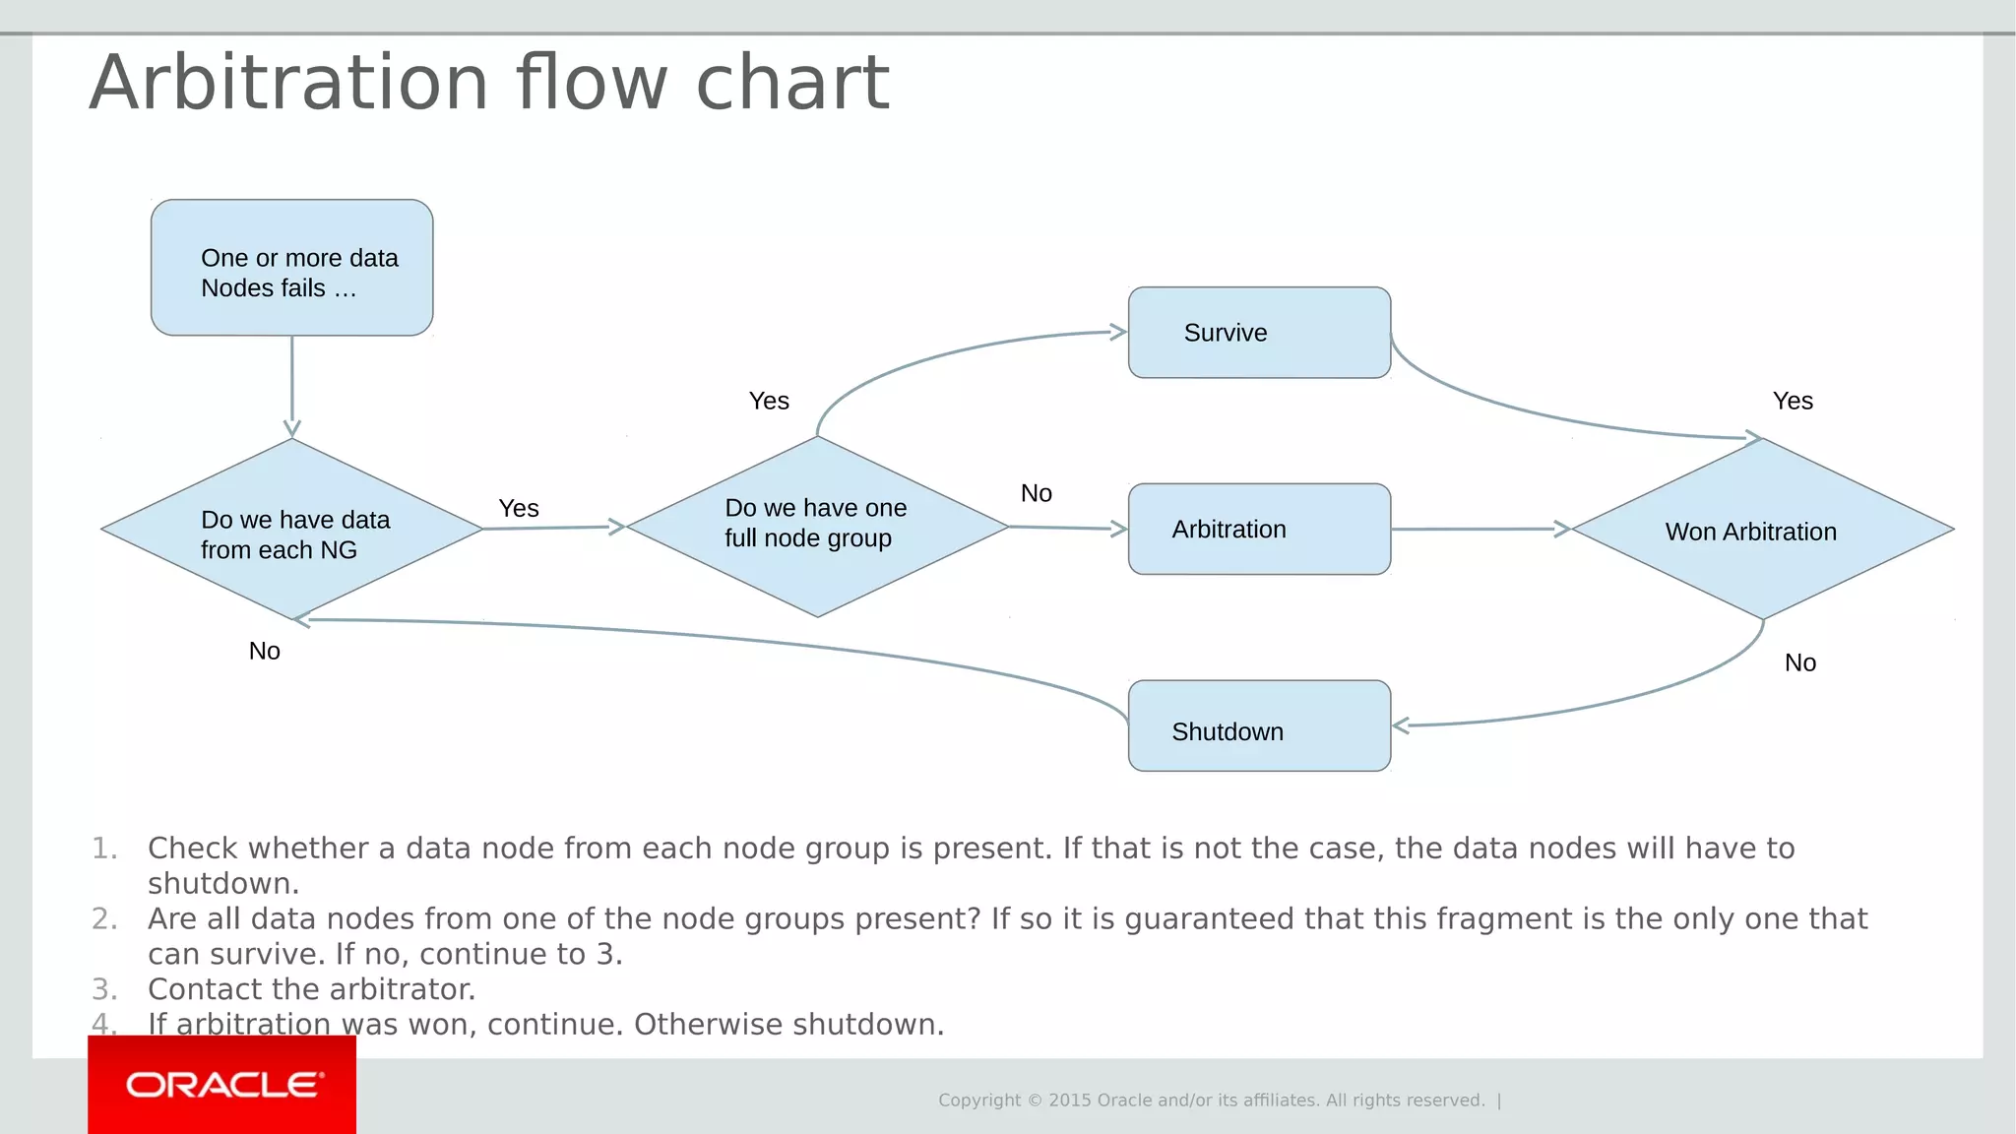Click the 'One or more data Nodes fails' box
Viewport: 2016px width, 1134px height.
pyautogui.click(x=291, y=268)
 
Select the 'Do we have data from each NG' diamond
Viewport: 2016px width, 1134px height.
pyautogui.click(x=291, y=530)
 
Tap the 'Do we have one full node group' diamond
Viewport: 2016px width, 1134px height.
pyautogui.click(x=817, y=527)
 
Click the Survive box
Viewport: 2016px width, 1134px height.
pyautogui.click(x=1259, y=333)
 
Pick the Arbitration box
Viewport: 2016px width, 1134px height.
pyautogui.click(x=1259, y=530)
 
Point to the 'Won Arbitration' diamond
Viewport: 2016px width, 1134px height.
pyautogui.click(x=1762, y=530)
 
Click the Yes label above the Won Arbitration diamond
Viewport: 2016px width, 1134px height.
pyautogui.click(x=1793, y=401)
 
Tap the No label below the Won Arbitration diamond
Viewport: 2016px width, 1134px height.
pyautogui.click(x=1799, y=662)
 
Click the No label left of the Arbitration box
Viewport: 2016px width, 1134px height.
pyautogui.click(x=1036, y=493)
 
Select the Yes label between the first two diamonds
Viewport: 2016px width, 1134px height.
pyautogui.click(x=519, y=508)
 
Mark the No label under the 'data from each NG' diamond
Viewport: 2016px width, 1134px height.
pyautogui.click(x=264, y=651)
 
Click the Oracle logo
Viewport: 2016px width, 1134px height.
pyautogui.click(x=222, y=1085)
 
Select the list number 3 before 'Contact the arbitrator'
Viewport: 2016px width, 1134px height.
pyautogui.click(x=104, y=989)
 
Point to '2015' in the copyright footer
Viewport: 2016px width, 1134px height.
pyautogui.click(x=1069, y=1101)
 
